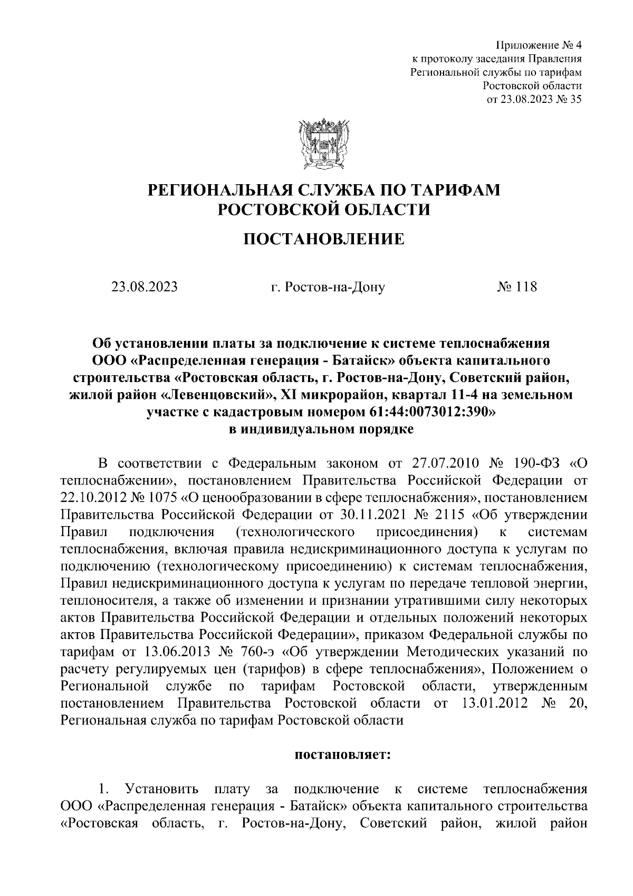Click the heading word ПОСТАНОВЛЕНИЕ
pos(323,240)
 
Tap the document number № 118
pos(516,287)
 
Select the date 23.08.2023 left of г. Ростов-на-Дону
pos(144,287)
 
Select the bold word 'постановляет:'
pos(341,755)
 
